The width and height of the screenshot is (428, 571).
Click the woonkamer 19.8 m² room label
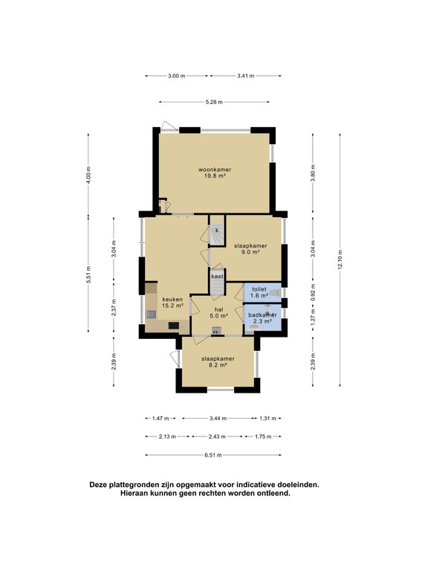[215, 172]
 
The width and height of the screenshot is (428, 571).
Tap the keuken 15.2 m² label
[172, 303]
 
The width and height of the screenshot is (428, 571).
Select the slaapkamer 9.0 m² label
[250, 249]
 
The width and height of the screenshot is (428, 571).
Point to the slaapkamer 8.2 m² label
[218, 361]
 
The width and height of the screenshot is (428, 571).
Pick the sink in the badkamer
[253, 328]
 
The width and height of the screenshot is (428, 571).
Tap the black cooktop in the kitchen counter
[174, 326]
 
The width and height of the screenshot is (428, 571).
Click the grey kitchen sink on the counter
[151, 314]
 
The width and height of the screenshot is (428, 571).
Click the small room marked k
[217, 230]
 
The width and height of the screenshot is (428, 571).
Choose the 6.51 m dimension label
[213, 455]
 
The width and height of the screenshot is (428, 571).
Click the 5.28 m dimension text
[214, 102]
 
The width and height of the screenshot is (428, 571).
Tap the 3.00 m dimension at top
[177, 76]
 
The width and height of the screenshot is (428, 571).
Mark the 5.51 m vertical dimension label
[88, 274]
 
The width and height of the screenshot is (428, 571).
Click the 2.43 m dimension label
[217, 436]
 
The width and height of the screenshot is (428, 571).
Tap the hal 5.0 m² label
[218, 313]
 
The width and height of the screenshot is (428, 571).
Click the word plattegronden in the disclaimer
[131, 485]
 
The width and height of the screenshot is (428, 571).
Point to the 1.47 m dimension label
[160, 419]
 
